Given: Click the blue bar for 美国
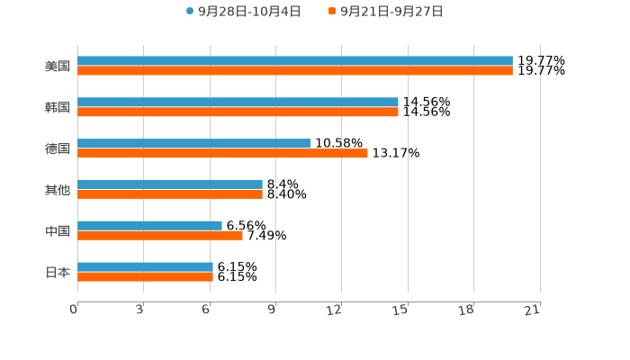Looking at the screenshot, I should [x=295, y=61].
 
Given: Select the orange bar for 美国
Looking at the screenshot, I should [x=295, y=71].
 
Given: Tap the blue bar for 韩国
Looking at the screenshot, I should [x=238, y=103].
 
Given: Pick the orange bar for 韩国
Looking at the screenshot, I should [x=238, y=112].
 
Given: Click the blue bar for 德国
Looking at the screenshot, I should [x=193, y=144].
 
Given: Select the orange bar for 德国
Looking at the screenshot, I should [x=222, y=154].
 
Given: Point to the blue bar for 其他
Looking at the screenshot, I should [x=170, y=184].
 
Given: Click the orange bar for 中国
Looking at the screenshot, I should [x=160, y=236].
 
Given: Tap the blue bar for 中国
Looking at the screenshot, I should [x=149, y=226].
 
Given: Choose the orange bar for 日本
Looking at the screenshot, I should [x=145, y=277].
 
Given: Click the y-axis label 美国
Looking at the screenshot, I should [x=58, y=67].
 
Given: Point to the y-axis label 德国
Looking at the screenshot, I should [x=58, y=148].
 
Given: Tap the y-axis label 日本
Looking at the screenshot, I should [x=58, y=272].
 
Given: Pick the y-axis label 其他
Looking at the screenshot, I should [x=58, y=190].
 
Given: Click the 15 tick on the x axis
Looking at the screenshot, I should [x=400, y=310].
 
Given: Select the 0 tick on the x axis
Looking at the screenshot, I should [x=74, y=310].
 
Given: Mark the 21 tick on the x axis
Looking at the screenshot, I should [x=532, y=310].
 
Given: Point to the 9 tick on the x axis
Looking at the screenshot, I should [x=271, y=310].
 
